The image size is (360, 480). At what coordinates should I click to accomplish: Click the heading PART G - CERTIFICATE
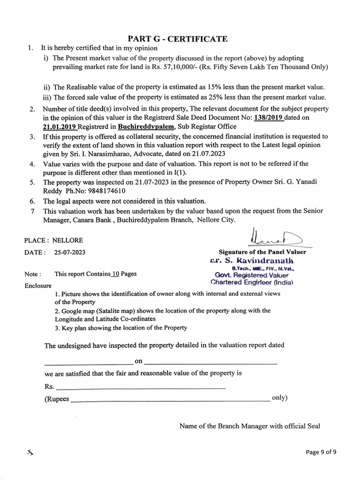[x=178, y=39]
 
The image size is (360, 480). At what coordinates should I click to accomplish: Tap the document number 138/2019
[x=268, y=118]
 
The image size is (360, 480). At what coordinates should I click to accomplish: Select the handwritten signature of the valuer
[x=270, y=237]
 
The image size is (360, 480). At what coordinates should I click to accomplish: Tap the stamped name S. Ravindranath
[x=257, y=260]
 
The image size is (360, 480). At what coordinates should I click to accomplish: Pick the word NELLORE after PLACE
[x=67, y=240]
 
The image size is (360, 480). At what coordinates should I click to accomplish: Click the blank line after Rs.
[x=141, y=388]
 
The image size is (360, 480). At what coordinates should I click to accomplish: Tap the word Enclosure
[x=38, y=285]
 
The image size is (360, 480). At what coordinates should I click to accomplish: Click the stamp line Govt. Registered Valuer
[x=252, y=275]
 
